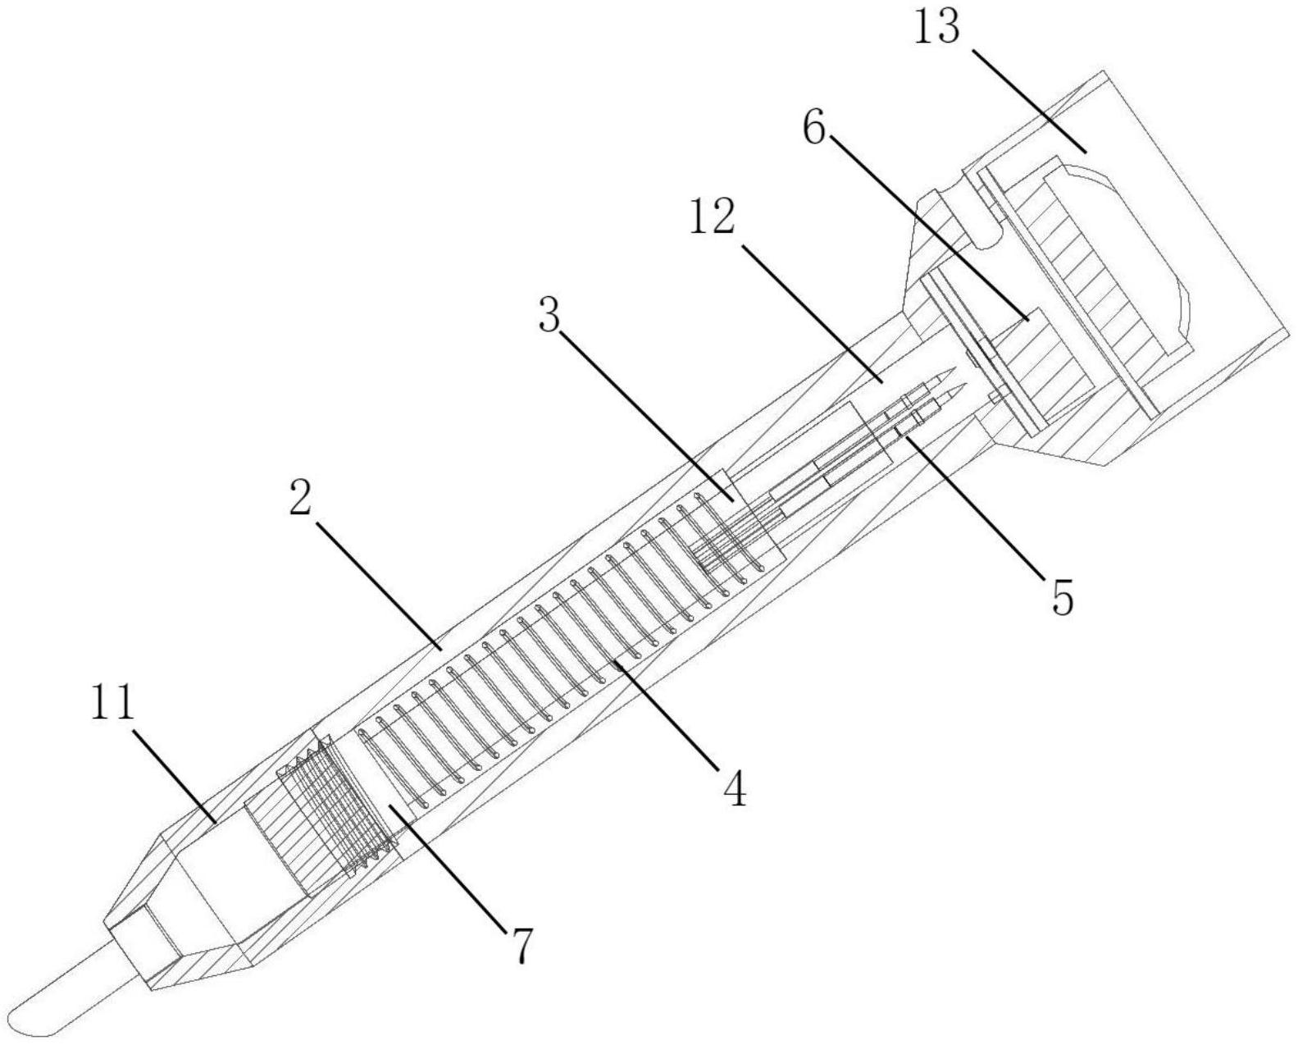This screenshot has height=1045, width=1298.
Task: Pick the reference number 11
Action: [112, 703]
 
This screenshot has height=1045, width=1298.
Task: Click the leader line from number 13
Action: [1029, 100]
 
